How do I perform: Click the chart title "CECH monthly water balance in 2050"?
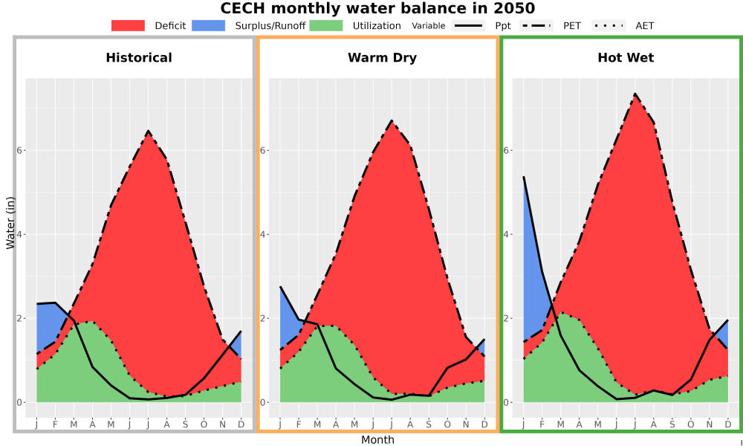coord(377,8)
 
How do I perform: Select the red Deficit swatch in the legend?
coord(128,25)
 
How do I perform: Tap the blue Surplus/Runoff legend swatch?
coord(209,25)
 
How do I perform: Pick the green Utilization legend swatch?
coord(326,25)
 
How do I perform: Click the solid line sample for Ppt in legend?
coord(468,25)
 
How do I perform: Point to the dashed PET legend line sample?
coord(536,25)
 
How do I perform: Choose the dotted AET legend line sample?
coord(609,25)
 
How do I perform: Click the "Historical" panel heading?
coord(139,58)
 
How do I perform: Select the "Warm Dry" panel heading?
coord(383,58)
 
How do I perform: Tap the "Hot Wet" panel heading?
coord(626,58)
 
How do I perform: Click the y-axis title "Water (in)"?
coord(10,223)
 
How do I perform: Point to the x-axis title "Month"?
coord(377,440)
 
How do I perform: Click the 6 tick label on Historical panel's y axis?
coord(21,150)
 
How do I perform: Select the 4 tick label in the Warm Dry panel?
coord(264,234)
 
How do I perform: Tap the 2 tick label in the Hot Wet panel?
coord(507,318)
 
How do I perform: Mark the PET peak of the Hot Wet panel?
coord(635,94)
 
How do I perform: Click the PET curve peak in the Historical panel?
coord(148,131)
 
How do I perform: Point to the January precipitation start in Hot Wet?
coord(524,177)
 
